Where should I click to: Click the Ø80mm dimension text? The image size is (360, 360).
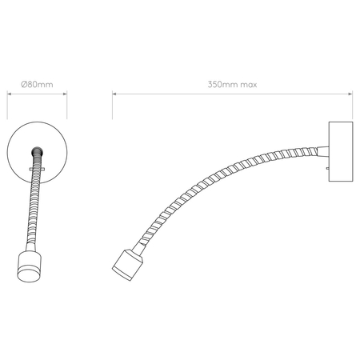tap(36, 83)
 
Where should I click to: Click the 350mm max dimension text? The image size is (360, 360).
tap(233, 83)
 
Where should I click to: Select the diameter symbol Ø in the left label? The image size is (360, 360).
tap(23, 83)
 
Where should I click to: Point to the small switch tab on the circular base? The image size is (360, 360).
tap(32, 170)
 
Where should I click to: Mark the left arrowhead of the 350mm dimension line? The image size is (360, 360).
tap(114, 94)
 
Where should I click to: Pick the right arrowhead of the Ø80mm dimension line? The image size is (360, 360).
tap(65, 94)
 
